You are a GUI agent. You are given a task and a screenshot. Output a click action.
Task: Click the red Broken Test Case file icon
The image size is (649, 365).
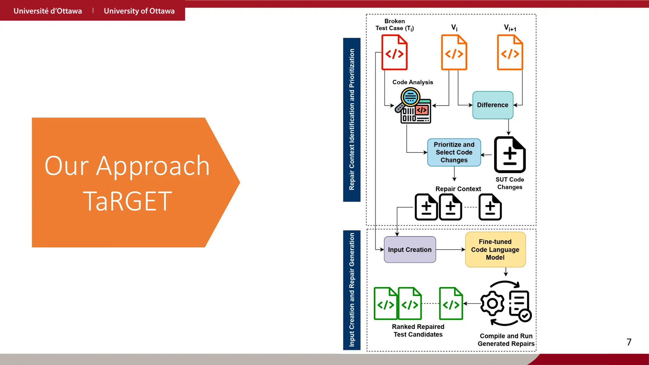394,53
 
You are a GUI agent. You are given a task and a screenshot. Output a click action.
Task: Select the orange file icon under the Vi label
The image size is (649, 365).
454,53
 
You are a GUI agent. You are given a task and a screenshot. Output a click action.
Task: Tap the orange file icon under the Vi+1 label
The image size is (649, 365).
510,53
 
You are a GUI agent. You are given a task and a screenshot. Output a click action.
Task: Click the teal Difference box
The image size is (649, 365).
492,105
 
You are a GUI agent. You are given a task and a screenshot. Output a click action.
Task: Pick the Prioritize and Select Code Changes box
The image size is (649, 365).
454,152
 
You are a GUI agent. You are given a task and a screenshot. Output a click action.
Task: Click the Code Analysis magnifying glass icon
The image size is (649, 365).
410,97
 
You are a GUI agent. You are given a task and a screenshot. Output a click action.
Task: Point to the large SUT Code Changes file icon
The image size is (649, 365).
510,155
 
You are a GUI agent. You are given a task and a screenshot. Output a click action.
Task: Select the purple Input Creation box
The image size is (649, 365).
410,250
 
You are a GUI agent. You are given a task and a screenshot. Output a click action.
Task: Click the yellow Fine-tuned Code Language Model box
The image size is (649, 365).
495,250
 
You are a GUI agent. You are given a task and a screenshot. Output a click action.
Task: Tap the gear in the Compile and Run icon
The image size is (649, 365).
492,304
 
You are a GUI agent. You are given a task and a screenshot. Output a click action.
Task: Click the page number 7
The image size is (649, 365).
629,342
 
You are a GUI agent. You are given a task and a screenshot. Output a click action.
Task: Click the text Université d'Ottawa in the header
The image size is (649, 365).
48,11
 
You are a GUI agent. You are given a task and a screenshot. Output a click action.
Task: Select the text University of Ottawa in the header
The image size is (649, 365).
139,11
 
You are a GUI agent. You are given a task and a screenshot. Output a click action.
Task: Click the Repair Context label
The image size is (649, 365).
458,189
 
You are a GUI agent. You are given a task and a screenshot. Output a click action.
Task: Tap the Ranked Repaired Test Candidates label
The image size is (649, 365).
418,330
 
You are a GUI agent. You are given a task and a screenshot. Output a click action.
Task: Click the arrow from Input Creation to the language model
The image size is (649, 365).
450,250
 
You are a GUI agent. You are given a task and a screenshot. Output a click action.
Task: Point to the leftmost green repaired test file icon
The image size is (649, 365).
385,304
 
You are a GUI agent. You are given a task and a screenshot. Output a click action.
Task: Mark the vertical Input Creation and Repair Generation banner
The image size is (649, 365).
352,290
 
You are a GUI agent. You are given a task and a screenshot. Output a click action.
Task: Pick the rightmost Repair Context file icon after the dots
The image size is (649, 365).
490,207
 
